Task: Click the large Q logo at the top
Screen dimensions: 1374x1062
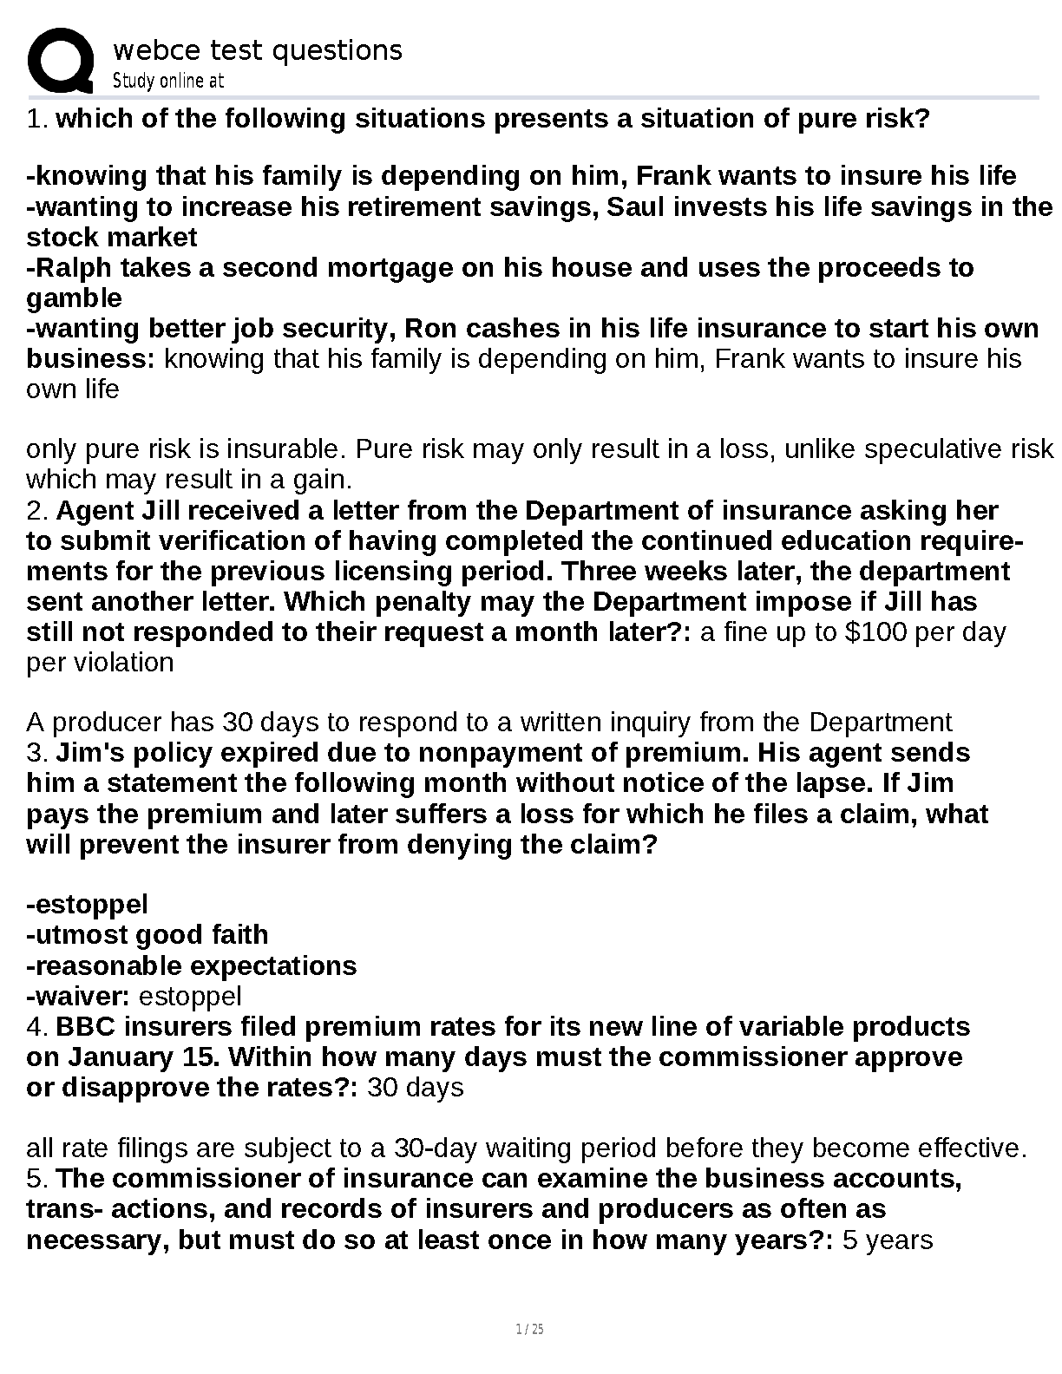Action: pyautogui.click(x=61, y=61)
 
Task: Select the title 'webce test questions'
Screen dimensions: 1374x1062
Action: pyautogui.click(x=258, y=50)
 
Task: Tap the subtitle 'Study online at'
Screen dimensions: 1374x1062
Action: pyautogui.click(x=168, y=81)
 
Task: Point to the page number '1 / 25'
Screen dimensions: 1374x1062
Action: pyautogui.click(x=529, y=1329)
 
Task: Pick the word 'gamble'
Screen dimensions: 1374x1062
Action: pyautogui.click(x=75, y=298)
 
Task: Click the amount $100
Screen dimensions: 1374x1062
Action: pyautogui.click(x=877, y=631)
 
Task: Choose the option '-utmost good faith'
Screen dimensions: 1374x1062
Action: pyautogui.click(x=147, y=934)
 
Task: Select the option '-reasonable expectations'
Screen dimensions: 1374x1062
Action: pyautogui.click(x=192, y=965)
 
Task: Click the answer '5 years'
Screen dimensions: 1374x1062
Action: pyautogui.click(x=888, y=1240)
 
